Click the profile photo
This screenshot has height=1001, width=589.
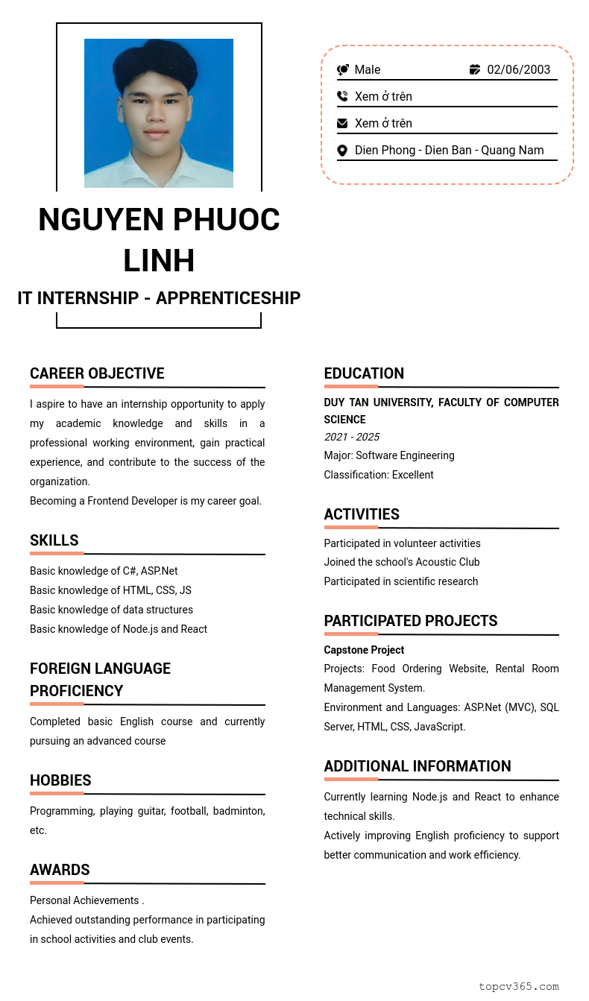coord(159,113)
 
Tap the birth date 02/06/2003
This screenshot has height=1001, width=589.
coord(519,70)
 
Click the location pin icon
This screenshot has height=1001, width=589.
coord(342,151)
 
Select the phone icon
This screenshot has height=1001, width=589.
coord(342,96)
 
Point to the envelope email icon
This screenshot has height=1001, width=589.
coord(342,123)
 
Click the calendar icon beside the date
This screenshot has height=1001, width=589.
coord(475,70)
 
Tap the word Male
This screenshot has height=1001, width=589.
coord(368,70)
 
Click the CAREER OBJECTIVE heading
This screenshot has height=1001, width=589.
coord(97,373)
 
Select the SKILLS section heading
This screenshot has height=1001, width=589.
coord(54,540)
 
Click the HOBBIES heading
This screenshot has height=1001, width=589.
coord(60,780)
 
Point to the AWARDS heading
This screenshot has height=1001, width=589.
coord(60,870)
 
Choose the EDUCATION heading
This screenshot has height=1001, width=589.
coord(364,373)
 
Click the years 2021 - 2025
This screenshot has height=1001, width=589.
coord(352,437)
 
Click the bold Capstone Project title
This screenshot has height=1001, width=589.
coord(364,650)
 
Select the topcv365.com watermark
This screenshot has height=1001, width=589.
coord(518,986)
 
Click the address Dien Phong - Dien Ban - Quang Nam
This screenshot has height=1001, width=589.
coord(449,151)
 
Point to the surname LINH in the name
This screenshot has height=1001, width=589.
coord(159,261)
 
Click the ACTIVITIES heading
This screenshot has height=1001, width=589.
coord(362,514)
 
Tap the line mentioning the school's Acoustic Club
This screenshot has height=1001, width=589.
coord(402,562)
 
